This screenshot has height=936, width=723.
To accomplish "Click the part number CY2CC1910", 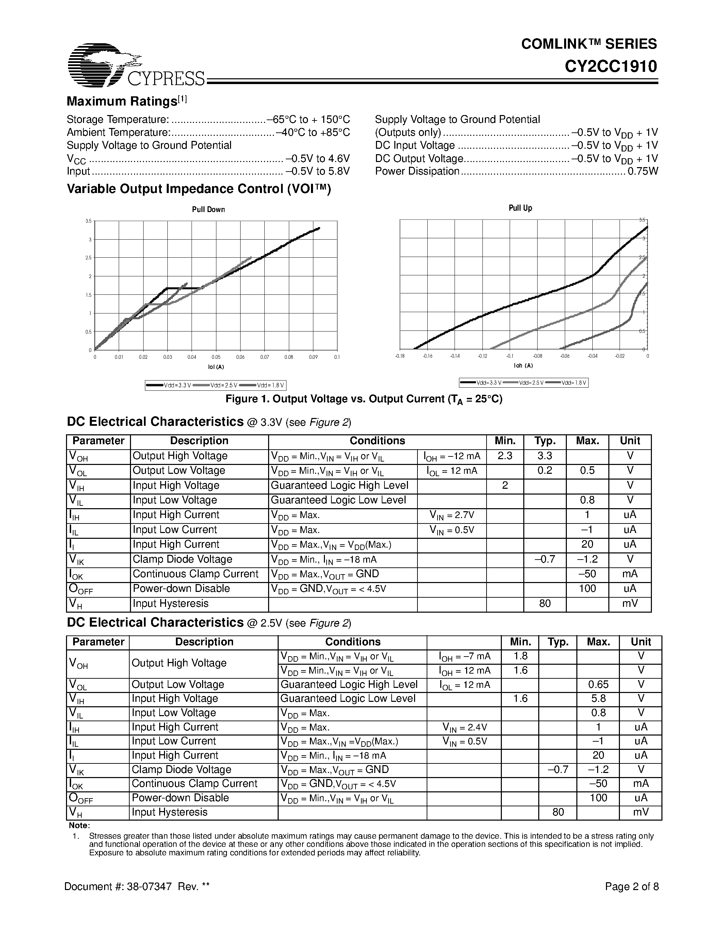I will point(610,67).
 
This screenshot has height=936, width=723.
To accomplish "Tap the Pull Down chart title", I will point(208,210).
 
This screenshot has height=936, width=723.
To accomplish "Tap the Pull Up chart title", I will point(520,208).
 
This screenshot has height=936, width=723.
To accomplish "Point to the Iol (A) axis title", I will point(216,367).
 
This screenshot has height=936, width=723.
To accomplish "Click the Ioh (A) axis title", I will point(523,366).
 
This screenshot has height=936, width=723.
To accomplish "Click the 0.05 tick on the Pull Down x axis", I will point(216,357).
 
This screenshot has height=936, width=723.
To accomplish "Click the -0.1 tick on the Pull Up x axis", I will point(510,356).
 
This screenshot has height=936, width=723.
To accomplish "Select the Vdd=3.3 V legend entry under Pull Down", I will point(169,385).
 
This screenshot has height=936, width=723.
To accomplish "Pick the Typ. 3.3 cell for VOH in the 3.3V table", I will point(544,456).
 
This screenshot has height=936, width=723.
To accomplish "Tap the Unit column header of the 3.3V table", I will point(630,441).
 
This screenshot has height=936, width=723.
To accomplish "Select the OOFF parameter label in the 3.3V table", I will point(81,590).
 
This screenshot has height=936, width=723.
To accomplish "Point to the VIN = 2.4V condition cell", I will point(465,727).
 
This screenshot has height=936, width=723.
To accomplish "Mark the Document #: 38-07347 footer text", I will point(137,887).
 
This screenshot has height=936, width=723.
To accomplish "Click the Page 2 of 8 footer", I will point(631,887).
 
